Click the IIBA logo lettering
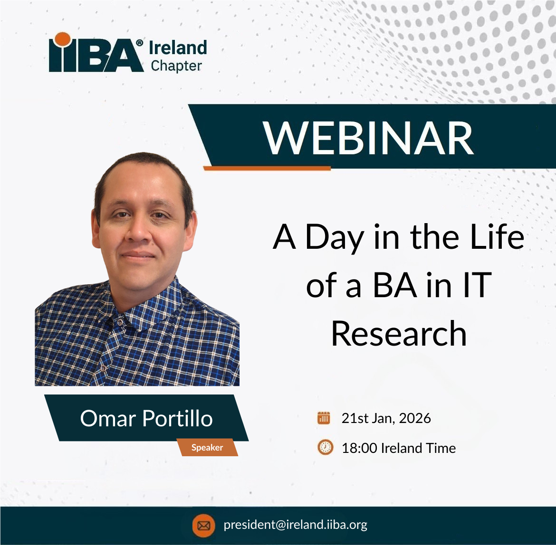(x=95, y=56)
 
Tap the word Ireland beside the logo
(x=178, y=47)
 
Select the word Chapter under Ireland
(x=176, y=66)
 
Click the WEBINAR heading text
(x=369, y=138)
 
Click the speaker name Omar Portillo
(x=146, y=418)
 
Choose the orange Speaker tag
(x=207, y=447)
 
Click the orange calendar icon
(x=324, y=418)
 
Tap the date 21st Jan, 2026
(x=386, y=418)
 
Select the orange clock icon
(x=325, y=447)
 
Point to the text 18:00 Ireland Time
(x=398, y=448)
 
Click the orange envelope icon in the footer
(x=203, y=526)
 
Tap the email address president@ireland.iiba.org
(x=295, y=525)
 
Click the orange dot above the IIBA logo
(x=61, y=39)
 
